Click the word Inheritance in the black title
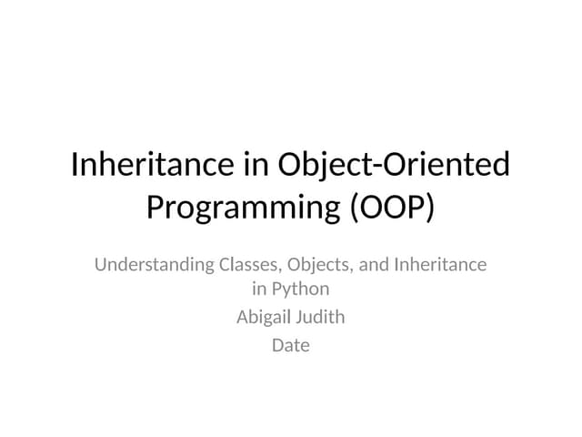click(x=150, y=165)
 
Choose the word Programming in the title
click(x=243, y=208)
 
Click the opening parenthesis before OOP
click(x=354, y=208)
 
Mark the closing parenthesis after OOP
click(x=428, y=208)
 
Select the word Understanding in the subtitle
click(x=154, y=266)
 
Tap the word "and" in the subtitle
click(x=374, y=265)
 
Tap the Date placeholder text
click(x=291, y=345)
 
